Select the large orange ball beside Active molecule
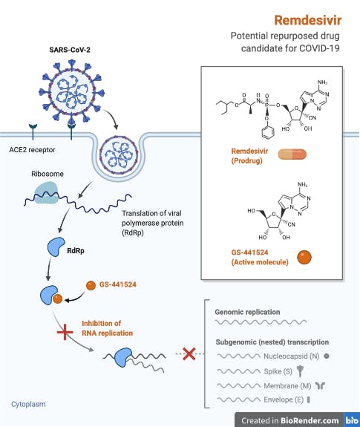[x=304, y=258]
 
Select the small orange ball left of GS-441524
[x=91, y=285]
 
